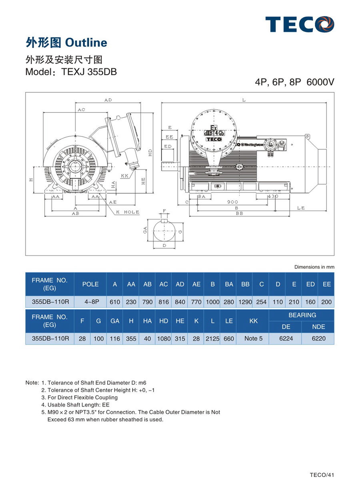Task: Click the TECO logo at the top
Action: (300, 24)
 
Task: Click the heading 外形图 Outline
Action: (66, 43)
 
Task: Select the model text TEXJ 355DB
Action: (89, 72)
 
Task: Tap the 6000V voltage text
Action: (320, 82)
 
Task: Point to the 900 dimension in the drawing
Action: (232, 202)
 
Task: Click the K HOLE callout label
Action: (128, 212)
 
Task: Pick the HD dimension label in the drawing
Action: (150, 152)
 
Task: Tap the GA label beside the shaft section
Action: (146, 230)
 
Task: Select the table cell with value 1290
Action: (245, 302)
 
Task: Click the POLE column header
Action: (90, 284)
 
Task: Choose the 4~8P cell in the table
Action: (90, 302)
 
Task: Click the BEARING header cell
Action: (302, 315)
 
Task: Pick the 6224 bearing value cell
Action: (286, 339)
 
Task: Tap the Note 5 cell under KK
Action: (253, 339)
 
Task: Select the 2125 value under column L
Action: (212, 339)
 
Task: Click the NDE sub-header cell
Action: (318, 327)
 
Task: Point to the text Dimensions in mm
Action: (314, 267)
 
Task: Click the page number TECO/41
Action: (322, 475)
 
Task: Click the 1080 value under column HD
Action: (164, 339)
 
